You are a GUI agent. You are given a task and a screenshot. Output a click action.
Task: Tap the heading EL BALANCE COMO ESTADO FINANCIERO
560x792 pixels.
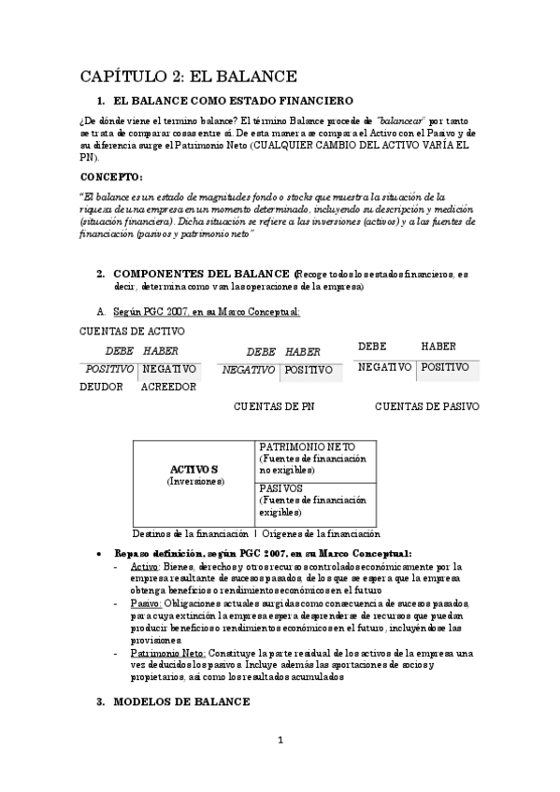[232, 101]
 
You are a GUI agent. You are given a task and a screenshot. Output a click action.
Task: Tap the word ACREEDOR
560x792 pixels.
[168, 387]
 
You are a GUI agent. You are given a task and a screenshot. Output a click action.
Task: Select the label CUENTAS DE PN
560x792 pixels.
[274, 406]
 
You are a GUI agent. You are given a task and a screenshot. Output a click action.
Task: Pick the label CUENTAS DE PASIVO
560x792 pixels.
[427, 406]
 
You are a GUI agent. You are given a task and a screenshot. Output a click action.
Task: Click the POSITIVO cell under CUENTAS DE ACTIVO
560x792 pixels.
[107, 370]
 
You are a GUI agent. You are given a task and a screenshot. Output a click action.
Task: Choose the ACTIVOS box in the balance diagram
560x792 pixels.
[194, 474]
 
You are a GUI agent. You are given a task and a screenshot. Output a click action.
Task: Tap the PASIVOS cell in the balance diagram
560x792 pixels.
[280, 488]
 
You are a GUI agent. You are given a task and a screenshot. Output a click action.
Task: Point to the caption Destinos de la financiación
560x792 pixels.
[190, 534]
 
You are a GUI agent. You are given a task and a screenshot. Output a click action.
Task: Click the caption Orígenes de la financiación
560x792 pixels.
[321, 534]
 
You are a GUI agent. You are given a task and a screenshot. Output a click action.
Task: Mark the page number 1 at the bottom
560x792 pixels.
[280, 742]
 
